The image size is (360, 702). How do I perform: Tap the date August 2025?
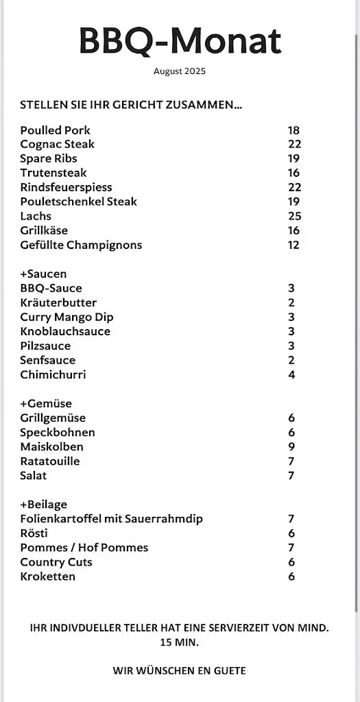(x=180, y=71)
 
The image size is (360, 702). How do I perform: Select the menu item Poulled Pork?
(x=55, y=130)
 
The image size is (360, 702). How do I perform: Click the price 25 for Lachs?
(x=294, y=216)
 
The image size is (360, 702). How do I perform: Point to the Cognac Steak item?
(x=58, y=145)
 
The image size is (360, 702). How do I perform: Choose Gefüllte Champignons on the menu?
(x=81, y=245)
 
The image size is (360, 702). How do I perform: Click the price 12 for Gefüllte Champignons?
(x=293, y=245)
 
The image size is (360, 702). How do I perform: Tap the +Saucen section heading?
(x=43, y=274)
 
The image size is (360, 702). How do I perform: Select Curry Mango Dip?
(x=67, y=317)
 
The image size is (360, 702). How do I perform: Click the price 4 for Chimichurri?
(x=291, y=374)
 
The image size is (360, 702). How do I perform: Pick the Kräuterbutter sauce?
(x=58, y=302)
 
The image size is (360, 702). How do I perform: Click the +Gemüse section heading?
(x=46, y=403)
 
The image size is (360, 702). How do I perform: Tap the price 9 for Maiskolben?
(x=291, y=446)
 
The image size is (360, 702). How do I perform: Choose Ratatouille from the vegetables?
(x=50, y=461)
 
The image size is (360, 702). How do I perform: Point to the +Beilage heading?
(x=43, y=504)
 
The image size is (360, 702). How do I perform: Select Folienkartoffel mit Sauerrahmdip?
(x=111, y=518)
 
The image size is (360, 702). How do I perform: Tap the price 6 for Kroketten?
(x=291, y=576)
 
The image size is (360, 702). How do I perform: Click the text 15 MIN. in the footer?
(x=179, y=642)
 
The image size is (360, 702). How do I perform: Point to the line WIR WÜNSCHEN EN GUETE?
(x=180, y=670)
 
